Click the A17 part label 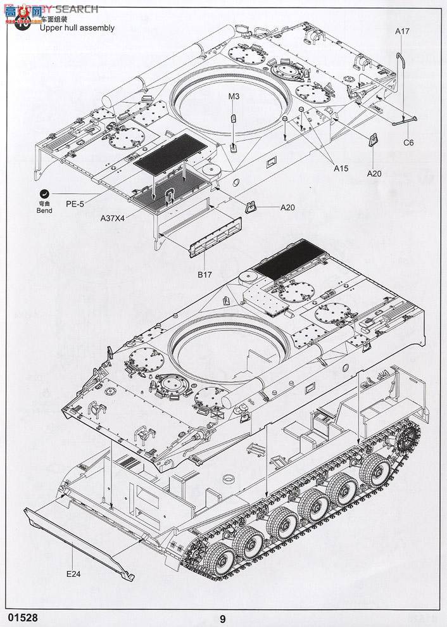[x=403, y=31]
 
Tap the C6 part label [x=409, y=142]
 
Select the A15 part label [x=341, y=168]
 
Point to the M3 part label [x=234, y=96]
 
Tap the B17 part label [x=204, y=274]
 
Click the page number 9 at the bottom [x=223, y=619]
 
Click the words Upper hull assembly [x=77, y=28]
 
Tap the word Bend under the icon [x=44, y=211]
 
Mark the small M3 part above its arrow [x=233, y=118]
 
